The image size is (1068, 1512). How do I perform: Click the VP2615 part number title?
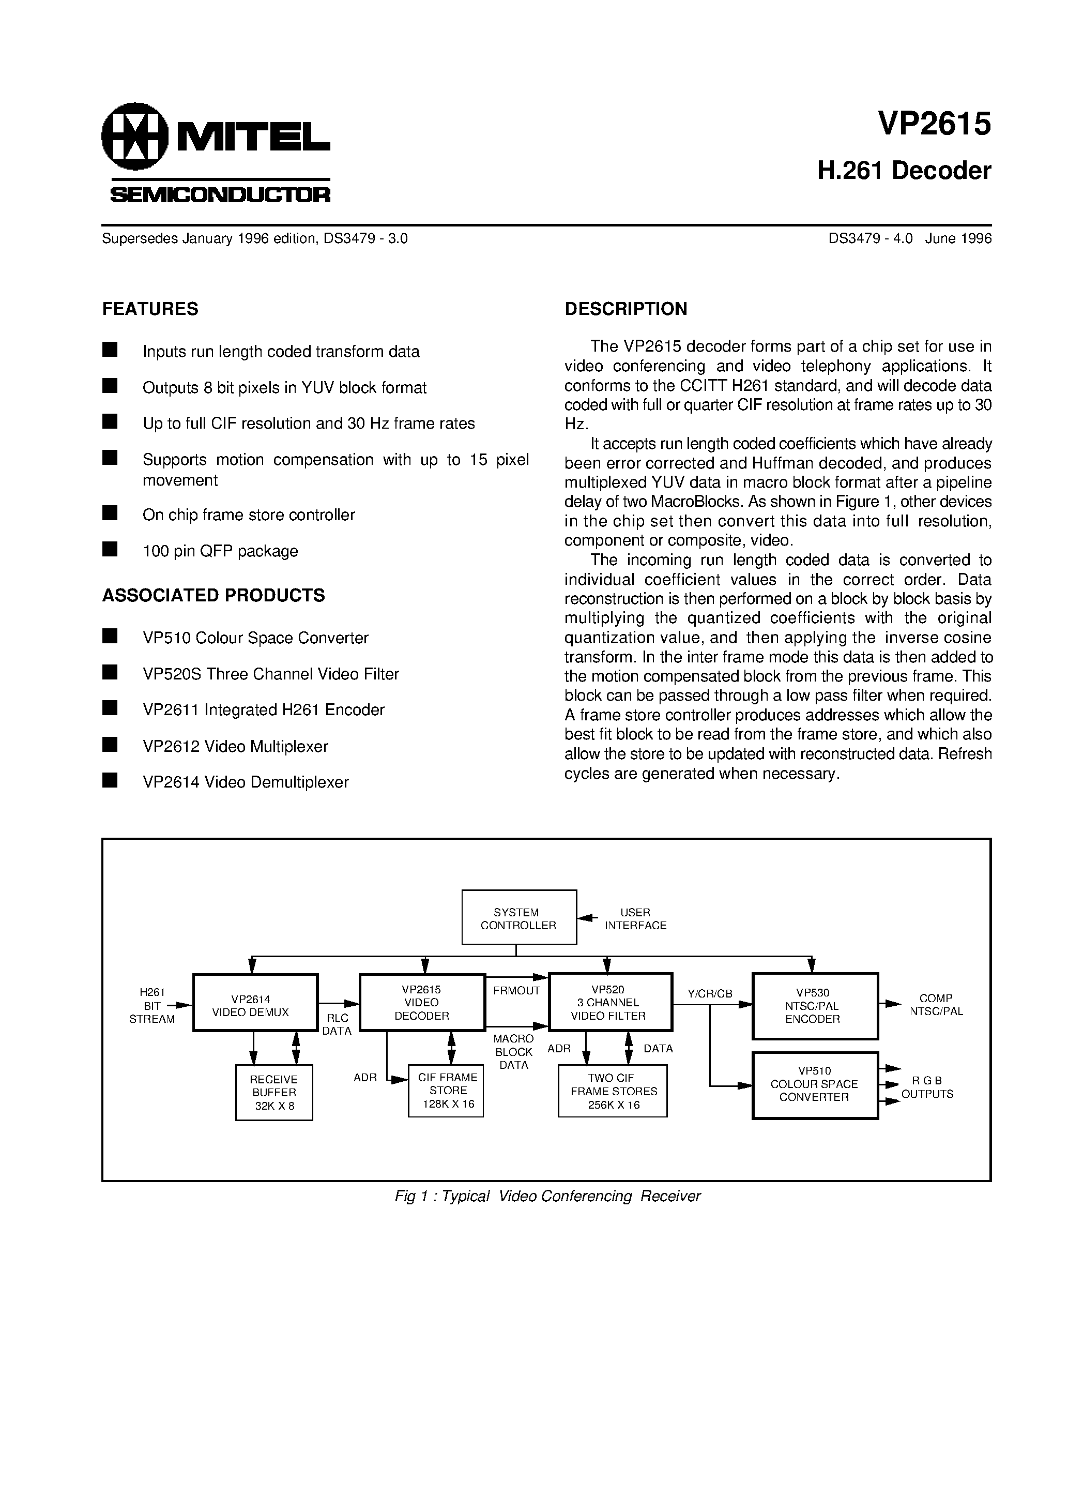934,125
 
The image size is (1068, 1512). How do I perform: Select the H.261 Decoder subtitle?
904,171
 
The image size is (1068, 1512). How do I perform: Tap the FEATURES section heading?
150,309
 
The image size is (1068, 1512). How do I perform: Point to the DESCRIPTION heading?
625,309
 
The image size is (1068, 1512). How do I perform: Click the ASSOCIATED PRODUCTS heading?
213,595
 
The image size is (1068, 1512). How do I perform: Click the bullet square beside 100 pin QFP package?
110,549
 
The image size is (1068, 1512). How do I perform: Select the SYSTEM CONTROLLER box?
519,918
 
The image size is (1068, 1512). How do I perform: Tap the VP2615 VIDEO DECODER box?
422,1002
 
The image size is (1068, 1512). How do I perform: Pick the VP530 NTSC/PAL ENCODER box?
815,1006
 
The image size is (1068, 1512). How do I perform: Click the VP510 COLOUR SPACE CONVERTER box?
815,1084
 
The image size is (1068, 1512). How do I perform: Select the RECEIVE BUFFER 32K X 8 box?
274,1093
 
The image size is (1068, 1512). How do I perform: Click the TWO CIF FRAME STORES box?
613,1091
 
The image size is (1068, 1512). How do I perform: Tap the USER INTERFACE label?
635,919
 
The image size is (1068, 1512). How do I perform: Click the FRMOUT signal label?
516,990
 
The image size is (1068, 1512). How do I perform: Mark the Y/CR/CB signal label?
710,994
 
